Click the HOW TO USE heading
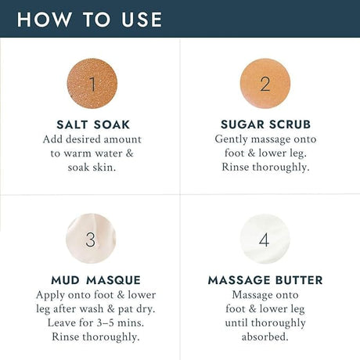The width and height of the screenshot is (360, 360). pos(89,20)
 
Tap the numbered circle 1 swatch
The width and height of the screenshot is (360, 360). pos(92,84)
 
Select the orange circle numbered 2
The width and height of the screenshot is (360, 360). pos(265,84)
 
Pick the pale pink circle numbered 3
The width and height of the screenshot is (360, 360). pos(91,239)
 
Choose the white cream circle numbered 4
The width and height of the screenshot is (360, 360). pos(265,239)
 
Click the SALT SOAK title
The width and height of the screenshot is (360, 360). pos(93,124)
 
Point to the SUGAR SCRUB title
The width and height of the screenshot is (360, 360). pos(265,124)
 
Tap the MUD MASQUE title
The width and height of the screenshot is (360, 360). pos(95,280)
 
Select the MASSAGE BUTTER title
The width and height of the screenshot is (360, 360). pos(265,280)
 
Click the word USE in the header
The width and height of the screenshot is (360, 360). pos(142,20)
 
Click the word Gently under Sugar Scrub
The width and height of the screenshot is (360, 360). pos(231,139)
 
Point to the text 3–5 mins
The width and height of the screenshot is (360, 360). pos(121,323)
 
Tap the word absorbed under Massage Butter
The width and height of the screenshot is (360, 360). pos(265,337)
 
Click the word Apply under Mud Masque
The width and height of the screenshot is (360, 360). pos(51,296)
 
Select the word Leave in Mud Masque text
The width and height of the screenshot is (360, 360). pos(62,323)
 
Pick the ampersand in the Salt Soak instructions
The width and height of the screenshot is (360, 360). pos(129,153)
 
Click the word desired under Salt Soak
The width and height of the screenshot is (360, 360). pos(84,139)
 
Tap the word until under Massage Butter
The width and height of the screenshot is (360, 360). pos(236,323)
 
